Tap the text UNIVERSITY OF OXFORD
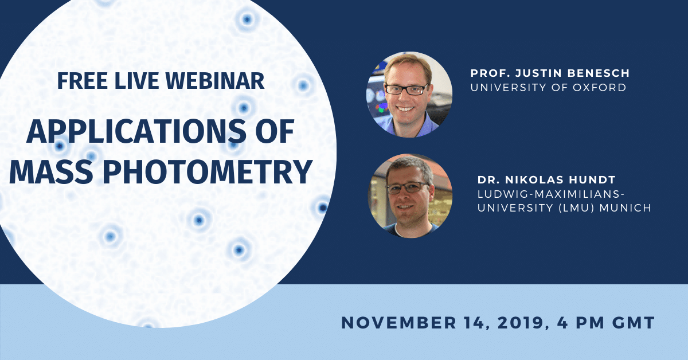(x=548, y=88)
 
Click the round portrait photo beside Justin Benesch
(x=409, y=95)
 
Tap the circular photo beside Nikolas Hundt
(x=409, y=195)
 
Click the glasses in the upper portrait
(x=406, y=89)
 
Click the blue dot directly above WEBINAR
(x=247, y=20)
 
